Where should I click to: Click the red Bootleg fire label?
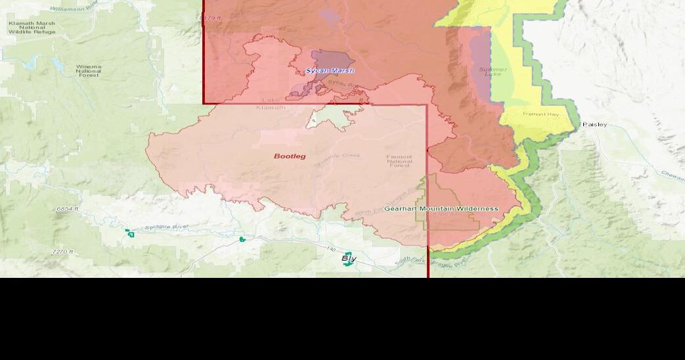[x=290, y=156]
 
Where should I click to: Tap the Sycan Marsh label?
[x=330, y=70]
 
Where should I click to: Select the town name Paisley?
[x=594, y=124]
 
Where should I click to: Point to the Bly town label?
[x=349, y=258]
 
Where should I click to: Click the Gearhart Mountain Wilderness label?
[x=441, y=208]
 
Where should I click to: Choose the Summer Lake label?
[x=493, y=72]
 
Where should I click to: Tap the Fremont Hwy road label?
[x=540, y=114]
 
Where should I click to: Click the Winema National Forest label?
[x=89, y=71]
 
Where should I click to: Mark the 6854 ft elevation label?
[x=68, y=208]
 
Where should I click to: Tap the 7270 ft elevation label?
[x=64, y=252]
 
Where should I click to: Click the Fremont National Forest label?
[x=399, y=161]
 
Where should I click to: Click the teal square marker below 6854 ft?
[x=130, y=233]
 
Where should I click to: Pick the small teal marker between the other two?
[x=242, y=239]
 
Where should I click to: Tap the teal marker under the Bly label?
[x=347, y=263]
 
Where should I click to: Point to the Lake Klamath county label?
[x=271, y=104]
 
